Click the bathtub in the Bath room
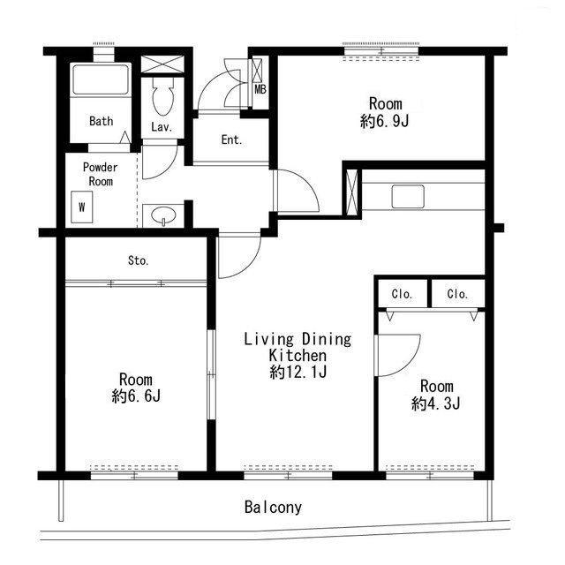coord(100,79)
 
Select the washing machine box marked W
coord(82,207)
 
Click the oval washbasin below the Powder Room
coord(163,216)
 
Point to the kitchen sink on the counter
coord(408,196)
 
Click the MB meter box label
coord(260,89)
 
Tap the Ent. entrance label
coord(231,139)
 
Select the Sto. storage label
coord(139,260)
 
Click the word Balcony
coord(273,508)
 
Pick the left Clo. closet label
coord(402,294)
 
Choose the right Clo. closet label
coord(457,294)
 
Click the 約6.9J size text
coord(385,122)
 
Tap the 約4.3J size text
coord(435,403)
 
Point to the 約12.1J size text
coord(298,372)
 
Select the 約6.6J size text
coord(136,396)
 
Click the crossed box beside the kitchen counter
coord(351,192)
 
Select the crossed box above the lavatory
coord(162,64)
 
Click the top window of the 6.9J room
coord(380,51)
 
